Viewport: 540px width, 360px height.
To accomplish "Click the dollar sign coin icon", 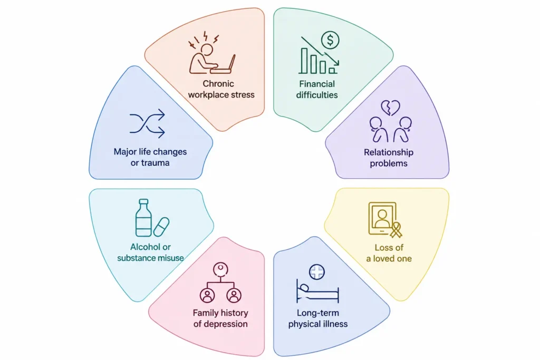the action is tap(330, 40).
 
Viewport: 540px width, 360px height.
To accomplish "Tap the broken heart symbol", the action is tap(390, 108).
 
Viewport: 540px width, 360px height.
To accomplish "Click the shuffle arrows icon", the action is tap(148, 123).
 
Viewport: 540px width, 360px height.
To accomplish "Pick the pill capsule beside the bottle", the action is tap(161, 227).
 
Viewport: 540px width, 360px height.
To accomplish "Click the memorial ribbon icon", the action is tap(396, 230).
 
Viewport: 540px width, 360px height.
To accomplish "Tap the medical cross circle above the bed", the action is tap(317, 272).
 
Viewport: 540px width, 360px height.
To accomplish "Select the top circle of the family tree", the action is tap(220, 269).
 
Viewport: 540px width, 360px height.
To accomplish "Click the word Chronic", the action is tap(218, 84).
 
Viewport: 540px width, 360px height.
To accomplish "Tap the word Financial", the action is tap(317, 84).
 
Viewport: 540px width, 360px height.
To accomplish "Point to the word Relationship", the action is tap(389, 152).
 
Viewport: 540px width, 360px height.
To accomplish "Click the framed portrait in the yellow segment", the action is tap(382, 218).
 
